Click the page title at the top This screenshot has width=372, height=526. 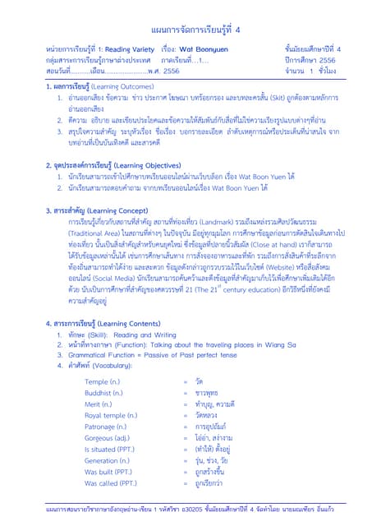click(186, 30)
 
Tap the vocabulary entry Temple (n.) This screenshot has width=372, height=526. click(103, 382)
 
